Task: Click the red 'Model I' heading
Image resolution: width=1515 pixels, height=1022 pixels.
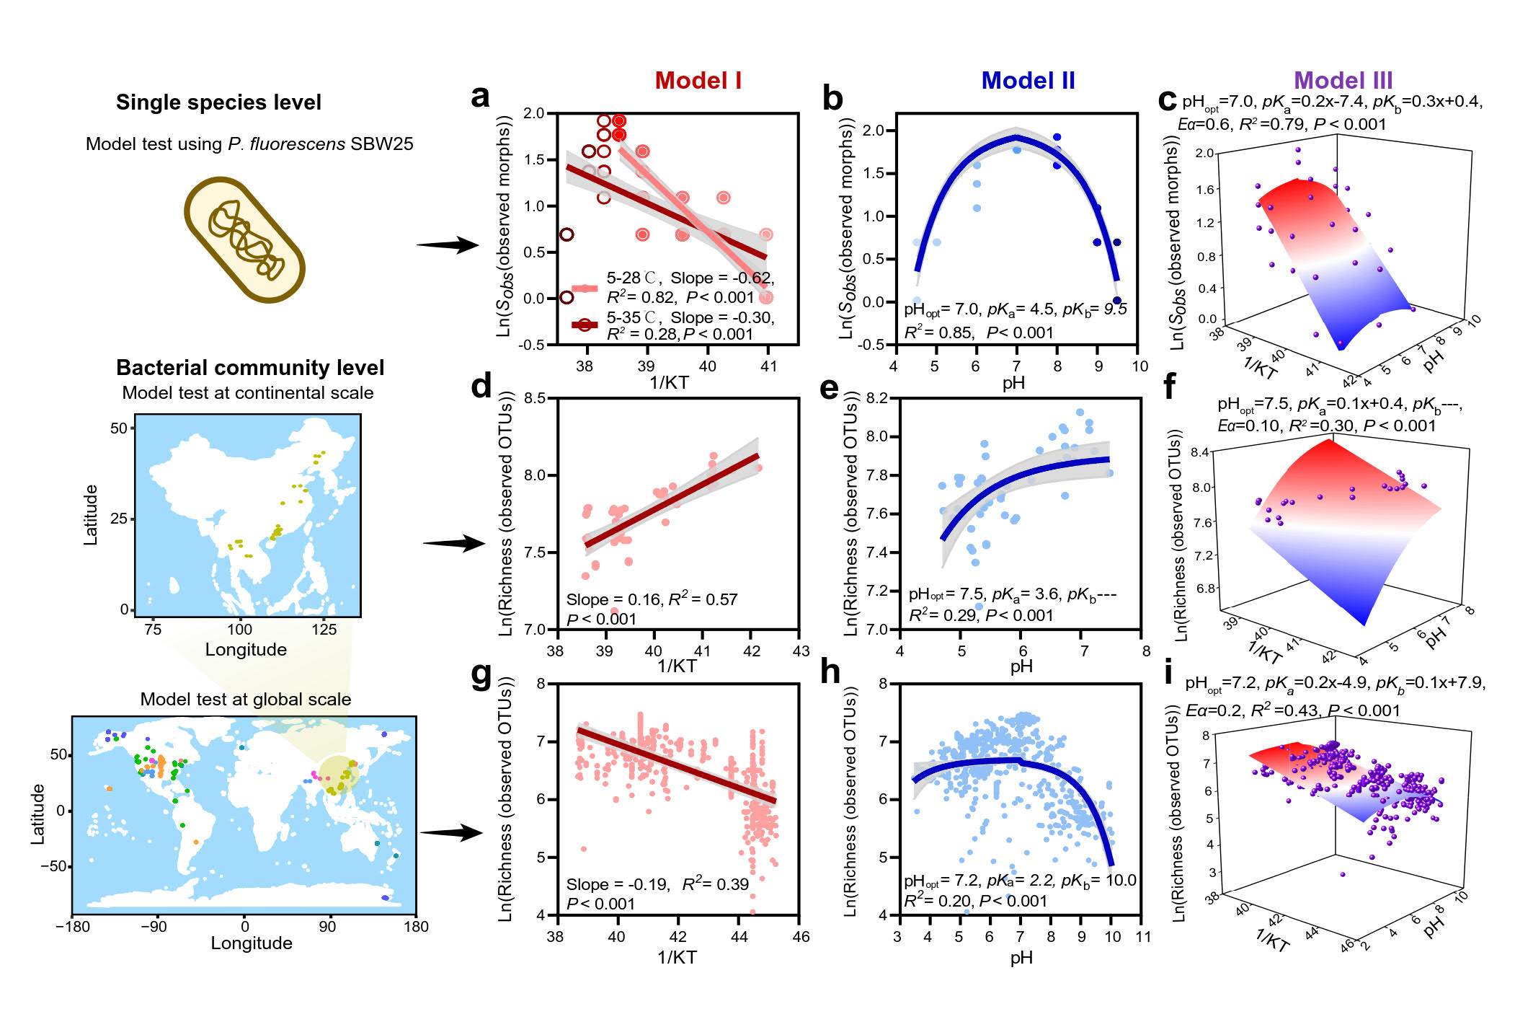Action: point(698,81)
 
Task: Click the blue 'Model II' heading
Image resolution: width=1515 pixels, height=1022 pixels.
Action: point(1028,81)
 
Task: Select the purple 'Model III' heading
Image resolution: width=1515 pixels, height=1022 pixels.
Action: point(1343,81)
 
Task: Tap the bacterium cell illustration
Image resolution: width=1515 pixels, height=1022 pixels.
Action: point(245,239)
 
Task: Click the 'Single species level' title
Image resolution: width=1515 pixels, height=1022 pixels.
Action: point(218,102)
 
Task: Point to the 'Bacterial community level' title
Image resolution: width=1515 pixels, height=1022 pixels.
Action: point(250,368)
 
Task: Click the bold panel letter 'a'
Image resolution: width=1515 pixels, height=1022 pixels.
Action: point(480,97)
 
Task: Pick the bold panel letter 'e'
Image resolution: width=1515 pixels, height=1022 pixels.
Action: point(830,389)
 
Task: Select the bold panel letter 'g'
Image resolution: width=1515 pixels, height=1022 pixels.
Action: point(481,674)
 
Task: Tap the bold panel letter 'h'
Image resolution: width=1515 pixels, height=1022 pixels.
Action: point(830,672)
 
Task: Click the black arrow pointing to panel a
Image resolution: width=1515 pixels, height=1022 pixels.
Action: point(448,245)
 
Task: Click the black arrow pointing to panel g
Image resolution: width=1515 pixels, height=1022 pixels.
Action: point(451,833)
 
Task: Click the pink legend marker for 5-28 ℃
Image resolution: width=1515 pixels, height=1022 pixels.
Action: point(585,288)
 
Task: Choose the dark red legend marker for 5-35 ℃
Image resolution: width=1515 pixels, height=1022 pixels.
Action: point(585,325)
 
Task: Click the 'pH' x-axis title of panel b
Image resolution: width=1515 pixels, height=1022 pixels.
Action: point(1013,383)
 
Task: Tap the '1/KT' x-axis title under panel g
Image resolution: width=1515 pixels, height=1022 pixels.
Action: point(677,958)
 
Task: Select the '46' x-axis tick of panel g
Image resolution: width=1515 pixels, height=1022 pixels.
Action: point(801,937)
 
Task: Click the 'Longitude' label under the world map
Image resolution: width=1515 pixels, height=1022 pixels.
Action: point(252,943)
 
